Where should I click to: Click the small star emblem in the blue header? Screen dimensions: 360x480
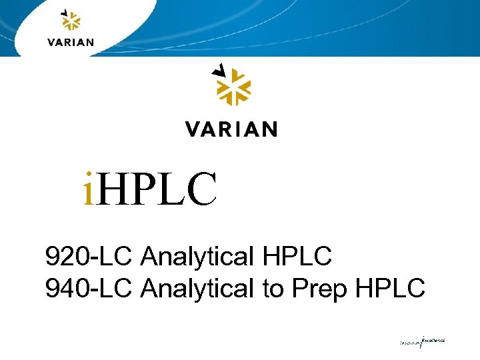point(71,23)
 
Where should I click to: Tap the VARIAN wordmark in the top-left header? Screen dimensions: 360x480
point(71,42)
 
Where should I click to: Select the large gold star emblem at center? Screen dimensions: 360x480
point(231,89)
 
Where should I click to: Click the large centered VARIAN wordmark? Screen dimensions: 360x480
point(231,129)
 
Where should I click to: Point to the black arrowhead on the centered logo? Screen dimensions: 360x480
point(218,69)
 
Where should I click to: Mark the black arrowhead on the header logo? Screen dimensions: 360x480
point(64,12)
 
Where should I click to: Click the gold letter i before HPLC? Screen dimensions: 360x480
point(89,189)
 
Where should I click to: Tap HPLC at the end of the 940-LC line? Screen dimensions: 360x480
point(391,289)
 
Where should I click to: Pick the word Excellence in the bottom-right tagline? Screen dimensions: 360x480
point(433,340)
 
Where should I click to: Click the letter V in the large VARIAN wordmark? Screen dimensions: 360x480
point(193,129)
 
